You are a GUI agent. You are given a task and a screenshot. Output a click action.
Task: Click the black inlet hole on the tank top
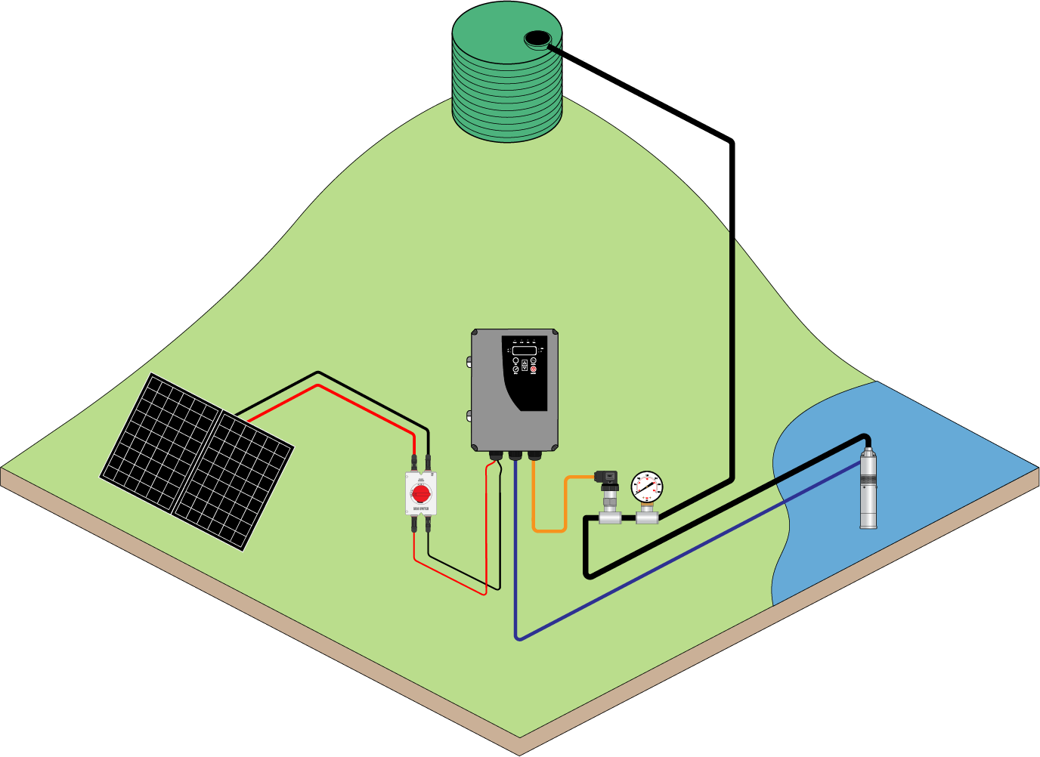[537, 37]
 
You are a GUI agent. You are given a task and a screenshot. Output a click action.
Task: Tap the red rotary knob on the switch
[420, 494]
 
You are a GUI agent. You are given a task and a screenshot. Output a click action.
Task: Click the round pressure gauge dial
[646, 487]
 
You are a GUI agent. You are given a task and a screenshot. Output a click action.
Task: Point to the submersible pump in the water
[868, 487]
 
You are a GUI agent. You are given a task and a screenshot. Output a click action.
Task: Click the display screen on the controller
[524, 351]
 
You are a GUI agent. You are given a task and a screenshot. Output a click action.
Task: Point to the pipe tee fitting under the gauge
[646, 517]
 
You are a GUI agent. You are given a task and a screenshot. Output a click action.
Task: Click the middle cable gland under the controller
[515, 456]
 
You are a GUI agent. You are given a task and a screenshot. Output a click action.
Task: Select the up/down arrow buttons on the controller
[525, 365]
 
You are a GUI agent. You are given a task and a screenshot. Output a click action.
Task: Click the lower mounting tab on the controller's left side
[469, 415]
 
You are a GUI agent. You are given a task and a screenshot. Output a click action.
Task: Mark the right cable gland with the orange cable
[534, 456]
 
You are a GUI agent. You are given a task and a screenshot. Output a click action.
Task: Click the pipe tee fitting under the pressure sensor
[608, 518]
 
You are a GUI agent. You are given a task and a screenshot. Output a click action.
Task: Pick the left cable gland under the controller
[497, 456]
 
